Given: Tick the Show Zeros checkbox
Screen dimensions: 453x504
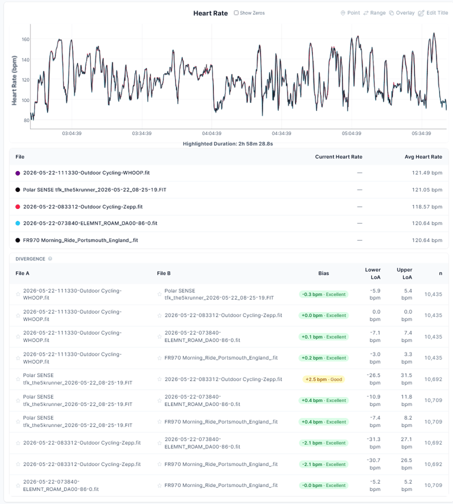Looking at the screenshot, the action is pos(236,13).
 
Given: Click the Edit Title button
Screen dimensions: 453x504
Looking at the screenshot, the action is pos(433,13).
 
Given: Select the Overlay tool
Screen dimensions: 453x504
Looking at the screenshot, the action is pos(402,13).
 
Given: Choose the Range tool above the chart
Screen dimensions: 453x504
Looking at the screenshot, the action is pos(374,13).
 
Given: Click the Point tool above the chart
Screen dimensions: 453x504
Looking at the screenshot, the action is pos(350,13).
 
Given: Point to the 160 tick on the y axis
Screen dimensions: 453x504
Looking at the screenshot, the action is pos(25,39).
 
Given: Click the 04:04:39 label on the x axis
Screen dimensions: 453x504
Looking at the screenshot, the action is pos(212,134).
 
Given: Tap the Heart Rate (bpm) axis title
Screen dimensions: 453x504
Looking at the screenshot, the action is pos(14,80).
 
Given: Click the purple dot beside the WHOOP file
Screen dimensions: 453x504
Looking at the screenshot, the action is pos(18,173).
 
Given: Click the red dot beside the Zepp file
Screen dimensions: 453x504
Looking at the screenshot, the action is pos(18,207).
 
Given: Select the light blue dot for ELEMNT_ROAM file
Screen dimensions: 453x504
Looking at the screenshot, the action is pos(18,223).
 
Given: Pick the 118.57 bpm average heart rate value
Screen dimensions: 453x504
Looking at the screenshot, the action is pos(427,207).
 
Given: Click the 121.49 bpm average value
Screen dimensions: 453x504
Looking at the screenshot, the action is pos(427,173).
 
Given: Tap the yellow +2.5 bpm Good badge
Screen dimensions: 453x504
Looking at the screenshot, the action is pos(323,379).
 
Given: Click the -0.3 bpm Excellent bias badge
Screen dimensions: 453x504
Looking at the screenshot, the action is pos(323,294).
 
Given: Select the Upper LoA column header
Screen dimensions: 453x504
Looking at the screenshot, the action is pos(404,274).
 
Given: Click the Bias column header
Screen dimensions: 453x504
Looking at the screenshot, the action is pos(323,274).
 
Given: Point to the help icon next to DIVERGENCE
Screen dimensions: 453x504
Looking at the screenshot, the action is pos(50,259).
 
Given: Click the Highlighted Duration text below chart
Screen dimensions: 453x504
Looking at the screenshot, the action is pos(228,144).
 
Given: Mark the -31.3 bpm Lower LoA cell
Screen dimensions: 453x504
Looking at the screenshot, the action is pos(374,443).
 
